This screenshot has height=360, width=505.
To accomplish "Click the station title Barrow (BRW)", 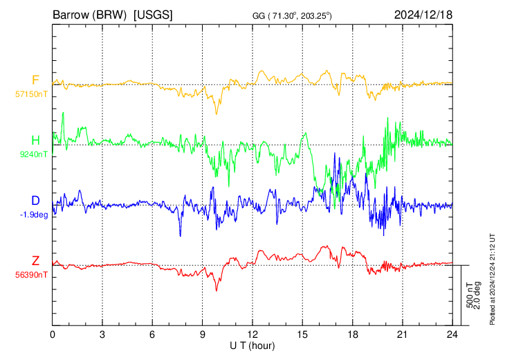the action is pos(89,15).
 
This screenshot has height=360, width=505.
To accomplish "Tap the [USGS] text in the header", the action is pos(153,15).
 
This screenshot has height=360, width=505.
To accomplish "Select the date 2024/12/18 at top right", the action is pos(423,15).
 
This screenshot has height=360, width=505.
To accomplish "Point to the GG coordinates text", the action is pos(292,15).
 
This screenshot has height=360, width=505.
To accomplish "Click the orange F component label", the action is pos(35,80).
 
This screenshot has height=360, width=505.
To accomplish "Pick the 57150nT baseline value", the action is pos(31,94).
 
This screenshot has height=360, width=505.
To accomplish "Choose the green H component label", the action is pos(35,141).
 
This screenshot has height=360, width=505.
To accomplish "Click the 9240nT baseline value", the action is pos(33,154).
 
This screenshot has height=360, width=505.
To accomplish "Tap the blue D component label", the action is pos(35,201).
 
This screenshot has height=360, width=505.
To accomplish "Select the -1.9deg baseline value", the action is pos(34,215).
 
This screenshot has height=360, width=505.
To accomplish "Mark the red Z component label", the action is pos(35,260).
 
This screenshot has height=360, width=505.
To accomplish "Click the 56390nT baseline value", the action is pos(31,275).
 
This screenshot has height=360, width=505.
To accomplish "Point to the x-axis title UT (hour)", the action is pos(252,346).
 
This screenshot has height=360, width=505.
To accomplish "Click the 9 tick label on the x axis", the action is pos(202,334).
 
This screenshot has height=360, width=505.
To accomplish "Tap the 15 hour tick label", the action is pos(302,334).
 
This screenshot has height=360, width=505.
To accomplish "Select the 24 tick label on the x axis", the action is pos(452,334).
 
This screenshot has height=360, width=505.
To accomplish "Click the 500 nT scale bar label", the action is pos(470,296).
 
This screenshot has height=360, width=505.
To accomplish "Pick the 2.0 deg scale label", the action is pos(477,296).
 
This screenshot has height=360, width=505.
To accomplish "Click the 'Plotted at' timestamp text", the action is pos(492,279).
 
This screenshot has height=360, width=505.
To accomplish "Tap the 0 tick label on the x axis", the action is pos(53,334).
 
